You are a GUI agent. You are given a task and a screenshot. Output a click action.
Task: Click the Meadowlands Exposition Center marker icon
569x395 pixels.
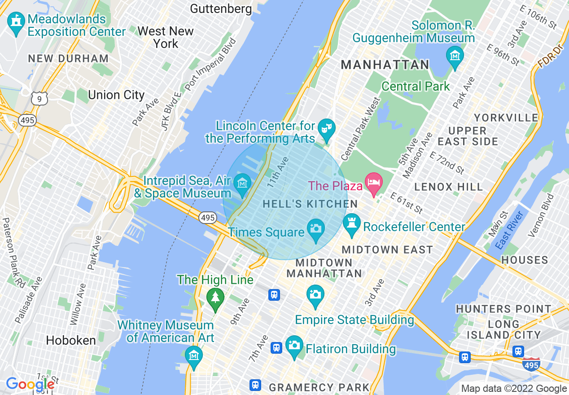16,24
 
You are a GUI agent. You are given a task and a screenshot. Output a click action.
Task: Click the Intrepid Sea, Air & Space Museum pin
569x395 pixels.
242,184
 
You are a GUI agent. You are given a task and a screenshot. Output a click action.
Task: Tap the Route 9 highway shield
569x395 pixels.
39,99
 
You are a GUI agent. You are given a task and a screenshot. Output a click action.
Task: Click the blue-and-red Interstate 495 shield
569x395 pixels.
531,365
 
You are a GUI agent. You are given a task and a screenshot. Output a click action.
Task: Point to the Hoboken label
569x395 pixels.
71,341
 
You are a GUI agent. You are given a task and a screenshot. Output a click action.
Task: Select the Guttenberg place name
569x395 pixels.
221,9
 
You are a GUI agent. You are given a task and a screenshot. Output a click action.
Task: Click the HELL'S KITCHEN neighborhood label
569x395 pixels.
310,204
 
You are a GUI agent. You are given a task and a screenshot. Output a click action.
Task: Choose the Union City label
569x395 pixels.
116,95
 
